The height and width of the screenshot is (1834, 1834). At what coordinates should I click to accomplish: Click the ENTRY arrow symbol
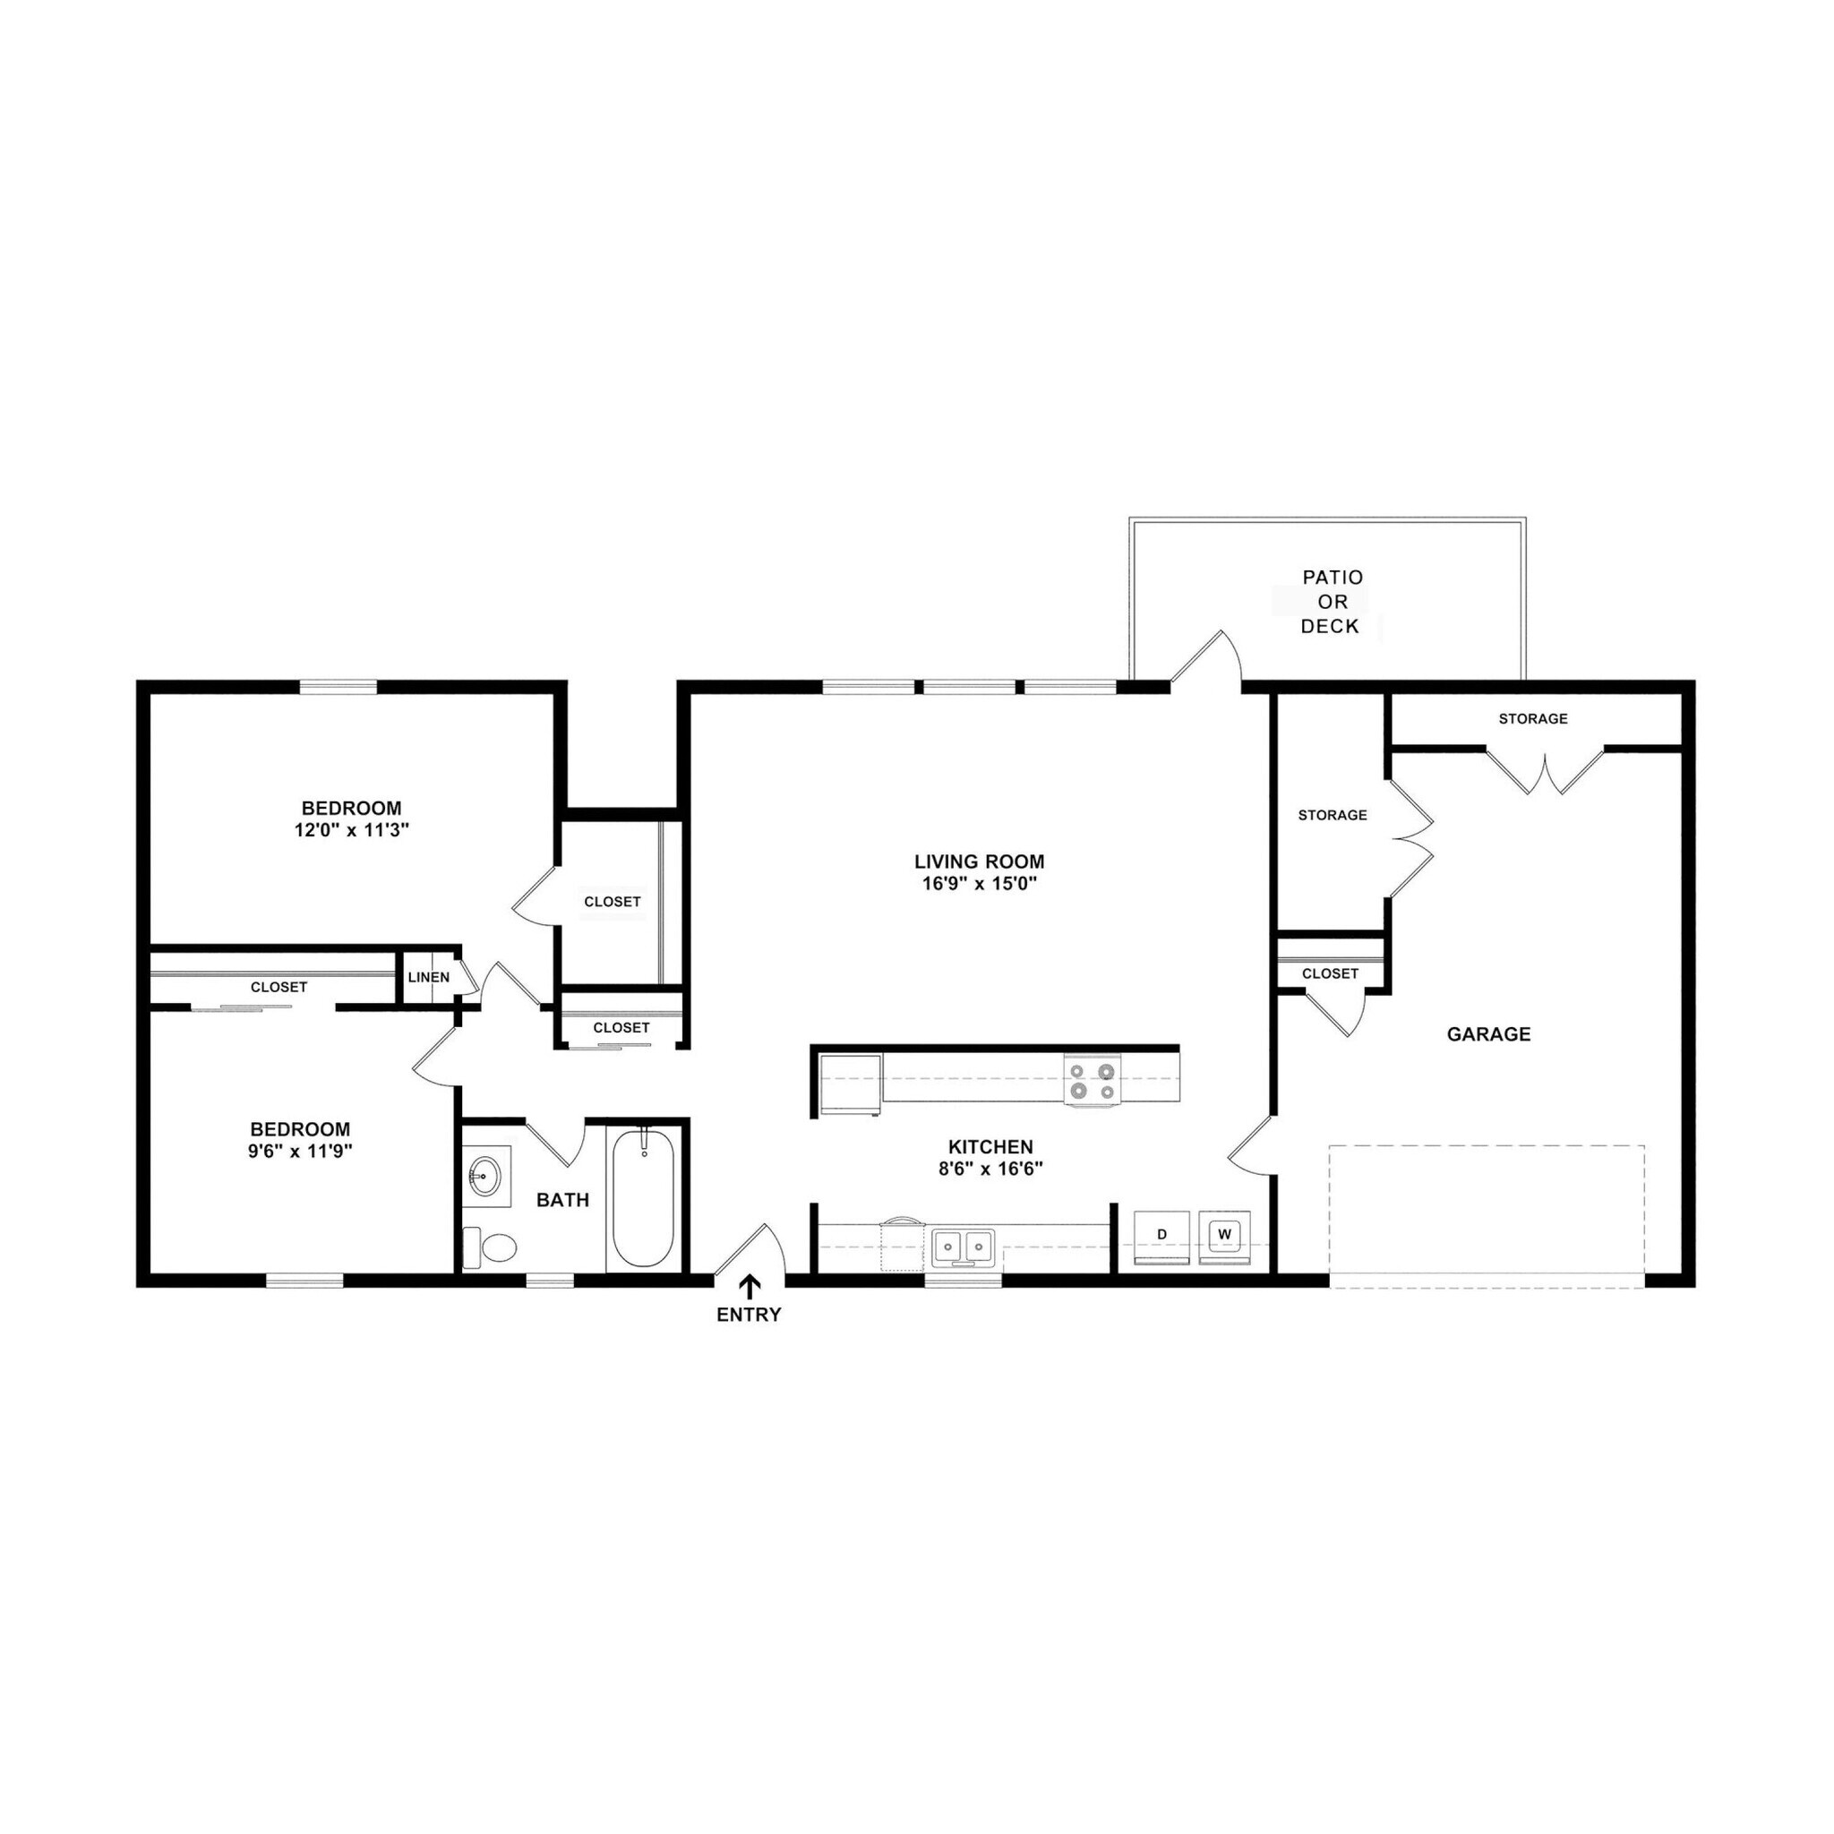point(750,1286)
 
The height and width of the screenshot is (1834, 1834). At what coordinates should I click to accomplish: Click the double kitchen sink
point(963,1245)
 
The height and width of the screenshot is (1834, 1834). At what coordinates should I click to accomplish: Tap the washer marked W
point(1223,1235)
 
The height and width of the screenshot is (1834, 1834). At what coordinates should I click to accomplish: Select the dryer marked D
point(1161,1235)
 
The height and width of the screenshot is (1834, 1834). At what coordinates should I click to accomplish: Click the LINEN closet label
point(429,978)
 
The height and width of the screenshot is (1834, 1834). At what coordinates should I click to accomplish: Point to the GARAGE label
point(1488,1034)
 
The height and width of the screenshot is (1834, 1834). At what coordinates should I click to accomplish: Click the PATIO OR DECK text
point(1332,602)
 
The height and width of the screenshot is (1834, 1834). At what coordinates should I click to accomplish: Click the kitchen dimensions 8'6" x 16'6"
point(991,1170)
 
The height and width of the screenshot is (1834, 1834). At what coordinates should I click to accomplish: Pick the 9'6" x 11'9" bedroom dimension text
point(300,1152)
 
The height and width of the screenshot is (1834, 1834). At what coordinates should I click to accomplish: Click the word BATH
point(563,1200)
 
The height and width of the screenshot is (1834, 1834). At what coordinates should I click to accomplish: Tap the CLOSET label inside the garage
point(1330,974)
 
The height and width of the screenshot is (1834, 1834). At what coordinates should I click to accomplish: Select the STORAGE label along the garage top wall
point(1533,718)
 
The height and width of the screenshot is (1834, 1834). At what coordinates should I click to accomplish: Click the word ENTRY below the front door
point(749,1315)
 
